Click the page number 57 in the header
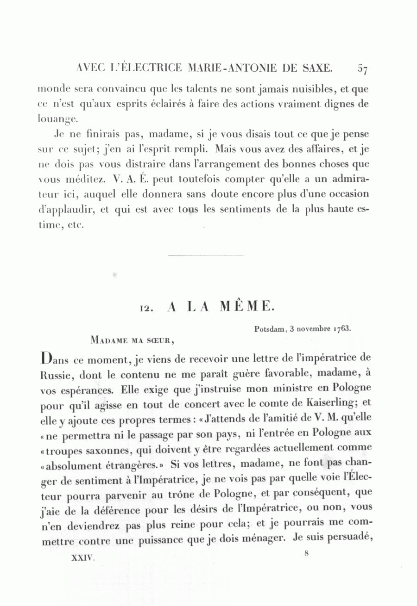click(x=362, y=69)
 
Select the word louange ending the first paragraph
click(x=55, y=119)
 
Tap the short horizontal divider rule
click(x=206, y=255)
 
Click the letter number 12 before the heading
click(x=147, y=308)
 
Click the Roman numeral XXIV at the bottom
click(x=83, y=558)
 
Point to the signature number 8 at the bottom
click(x=306, y=554)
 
